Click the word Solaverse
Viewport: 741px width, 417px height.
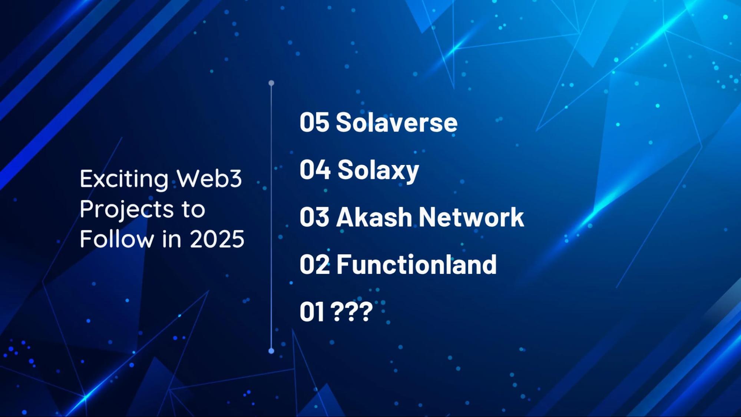[397, 122]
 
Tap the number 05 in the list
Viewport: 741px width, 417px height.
[314, 122]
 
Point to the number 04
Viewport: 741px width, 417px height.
[315, 169]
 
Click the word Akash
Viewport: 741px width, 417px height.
[374, 216]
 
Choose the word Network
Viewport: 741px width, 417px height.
[471, 216]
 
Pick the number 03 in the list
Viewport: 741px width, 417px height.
[314, 216]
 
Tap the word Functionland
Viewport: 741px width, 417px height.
[416, 264]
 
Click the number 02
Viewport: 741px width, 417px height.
[314, 264]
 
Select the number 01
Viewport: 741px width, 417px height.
[312, 311]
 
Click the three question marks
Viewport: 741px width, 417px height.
[351, 311]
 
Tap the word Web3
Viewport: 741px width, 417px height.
[209, 178]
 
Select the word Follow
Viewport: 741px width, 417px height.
[117, 238]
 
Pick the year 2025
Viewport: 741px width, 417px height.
[217, 239]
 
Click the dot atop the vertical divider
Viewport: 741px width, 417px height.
[271, 83]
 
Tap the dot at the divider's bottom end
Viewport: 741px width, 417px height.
[271, 351]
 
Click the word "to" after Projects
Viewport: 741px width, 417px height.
[193, 209]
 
